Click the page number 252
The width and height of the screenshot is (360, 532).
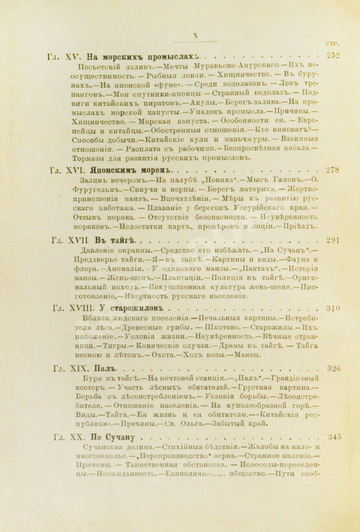(x=333, y=55)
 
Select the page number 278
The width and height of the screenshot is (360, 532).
(x=333, y=170)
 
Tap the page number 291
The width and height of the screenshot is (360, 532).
(x=333, y=240)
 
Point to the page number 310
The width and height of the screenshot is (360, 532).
(x=333, y=308)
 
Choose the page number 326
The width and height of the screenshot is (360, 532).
(x=333, y=368)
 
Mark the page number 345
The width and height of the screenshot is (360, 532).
(x=333, y=437)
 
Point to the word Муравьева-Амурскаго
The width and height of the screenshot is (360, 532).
(x=206, y=66)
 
